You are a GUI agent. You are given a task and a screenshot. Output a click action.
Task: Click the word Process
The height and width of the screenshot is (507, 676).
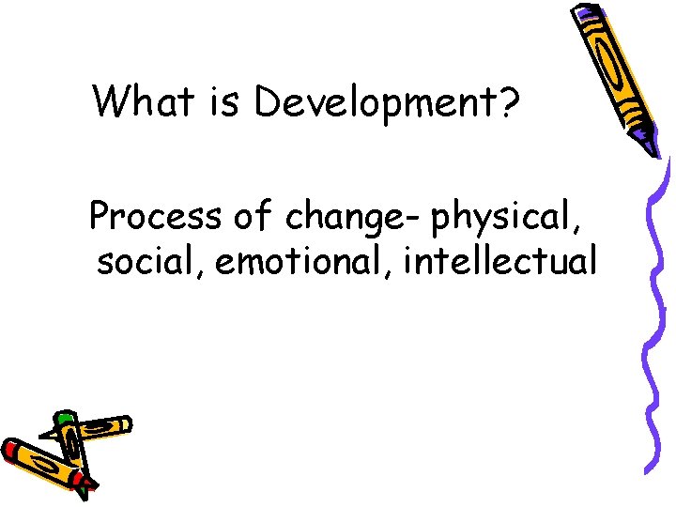(157, 217)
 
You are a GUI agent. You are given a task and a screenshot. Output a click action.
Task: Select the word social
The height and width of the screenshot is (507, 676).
(149, 262)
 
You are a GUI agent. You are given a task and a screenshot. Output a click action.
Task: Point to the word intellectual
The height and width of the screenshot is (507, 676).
(500, 262)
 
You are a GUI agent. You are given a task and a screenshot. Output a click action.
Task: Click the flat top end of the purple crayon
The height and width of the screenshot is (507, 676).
(587, 12)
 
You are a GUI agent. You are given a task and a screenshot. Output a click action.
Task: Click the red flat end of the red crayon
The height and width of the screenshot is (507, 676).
(11, 449)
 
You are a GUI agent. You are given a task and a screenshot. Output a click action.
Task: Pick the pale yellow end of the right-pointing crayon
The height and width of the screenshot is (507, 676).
(122, 425)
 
